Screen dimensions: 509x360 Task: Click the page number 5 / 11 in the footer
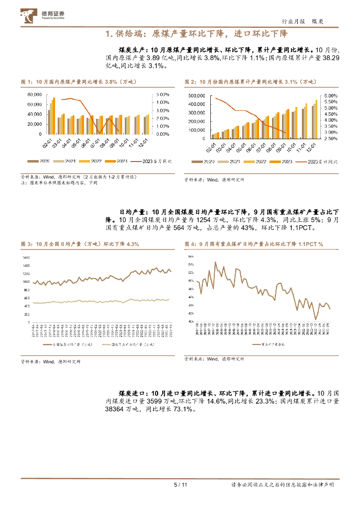(180, 485)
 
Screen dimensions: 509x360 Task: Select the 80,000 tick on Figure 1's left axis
(34, 94)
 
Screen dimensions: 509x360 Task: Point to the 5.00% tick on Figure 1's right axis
(162, 94)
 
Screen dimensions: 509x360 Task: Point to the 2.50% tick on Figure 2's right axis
(332, 139)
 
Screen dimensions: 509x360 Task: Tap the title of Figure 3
(80, 244)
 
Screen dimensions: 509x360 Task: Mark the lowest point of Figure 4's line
(315, 320)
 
